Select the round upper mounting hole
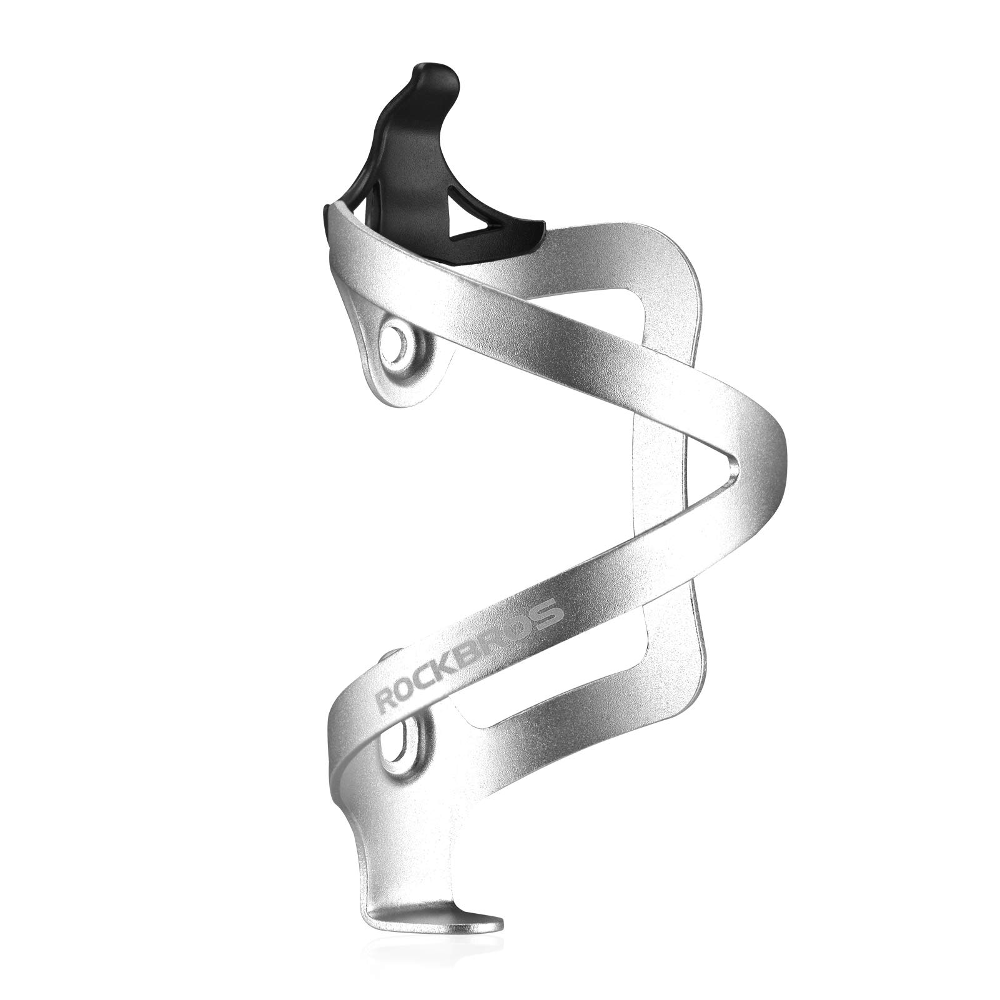(397, 342)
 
